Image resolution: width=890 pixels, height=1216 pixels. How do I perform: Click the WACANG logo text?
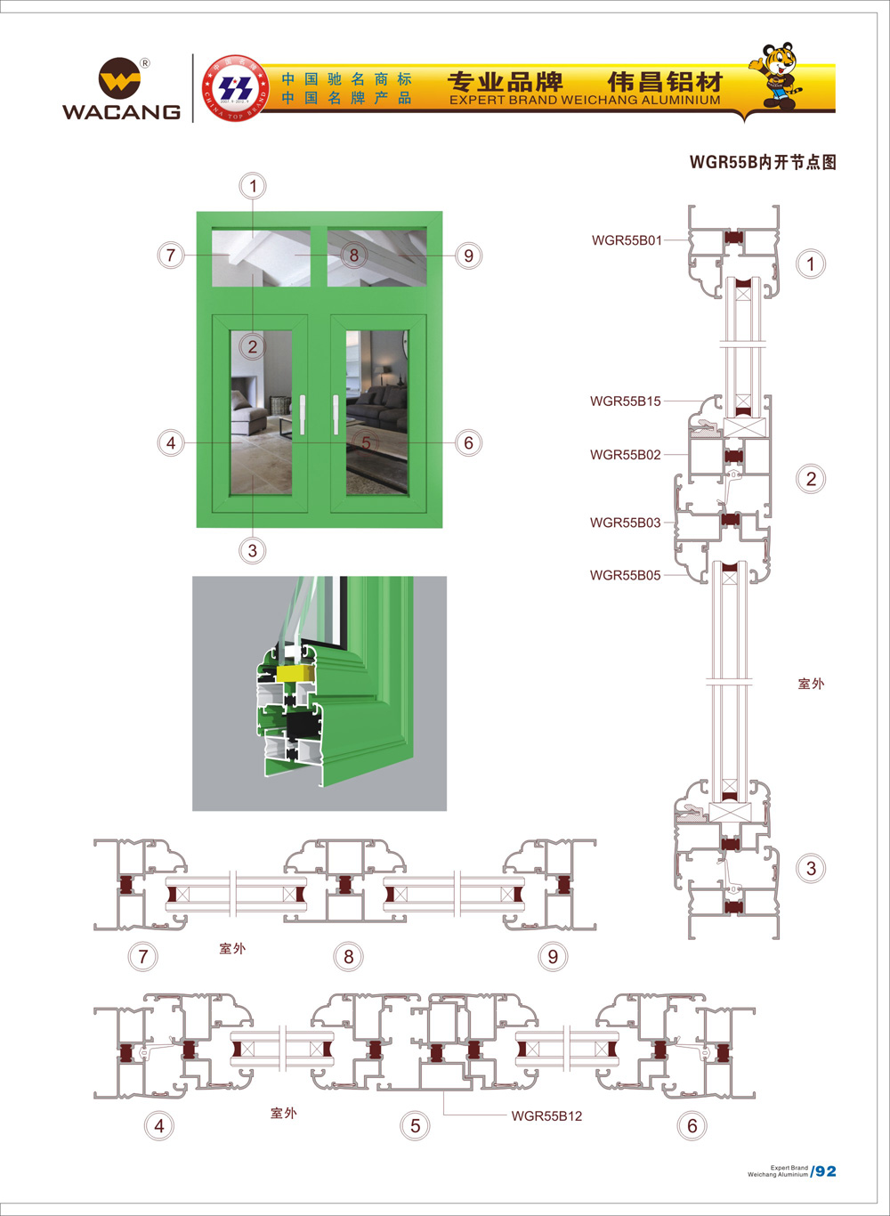pyautogui.click(x=121, y=111)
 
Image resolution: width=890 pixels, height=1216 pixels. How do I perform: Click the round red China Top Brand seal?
pyautogui.click(x=236, y=88)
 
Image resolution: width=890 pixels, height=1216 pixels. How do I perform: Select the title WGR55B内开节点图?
pyautogui.click(x=763, y=162)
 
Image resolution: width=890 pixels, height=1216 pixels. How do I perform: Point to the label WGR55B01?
pyautogui.click(x=627, y=240)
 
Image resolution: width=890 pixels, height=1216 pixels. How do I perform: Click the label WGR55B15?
pyautogui.click(x=625, y=401)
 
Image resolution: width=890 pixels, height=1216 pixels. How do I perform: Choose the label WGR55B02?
pyautogui.click(x=625, y=455)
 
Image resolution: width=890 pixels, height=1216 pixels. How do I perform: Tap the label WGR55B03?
pyautogui.click(x=625, y=523)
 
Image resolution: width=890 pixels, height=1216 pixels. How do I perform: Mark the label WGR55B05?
pyautogui.click(x=625, y=575)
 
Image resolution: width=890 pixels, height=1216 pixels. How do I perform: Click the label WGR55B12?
pyautogui.click(x=546, y=1116)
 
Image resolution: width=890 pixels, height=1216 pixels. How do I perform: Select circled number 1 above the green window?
pyautogui.click(x=253, y=186)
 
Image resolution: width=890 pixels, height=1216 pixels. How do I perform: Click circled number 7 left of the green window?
pyautogui.click(x=171, y=255)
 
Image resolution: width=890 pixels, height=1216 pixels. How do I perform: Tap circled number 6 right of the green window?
pyautogui.click(x=468, y=442)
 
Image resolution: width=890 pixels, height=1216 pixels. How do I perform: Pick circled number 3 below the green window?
pyautogui.click(x=253, y=550)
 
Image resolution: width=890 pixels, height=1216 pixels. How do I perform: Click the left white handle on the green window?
pyautogui.click(x=303, y=415)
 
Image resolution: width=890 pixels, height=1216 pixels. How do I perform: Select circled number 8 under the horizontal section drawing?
pyautogui.click(x=348, y=957)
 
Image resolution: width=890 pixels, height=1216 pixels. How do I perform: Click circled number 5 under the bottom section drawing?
pyautogui.click(x=415, y=1126)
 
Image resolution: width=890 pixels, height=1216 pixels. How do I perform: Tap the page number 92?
pyautogui.click(x=826, y=1171)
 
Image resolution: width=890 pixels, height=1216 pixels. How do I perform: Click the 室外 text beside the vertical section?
pyautogui.click(x=811, y=684)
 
